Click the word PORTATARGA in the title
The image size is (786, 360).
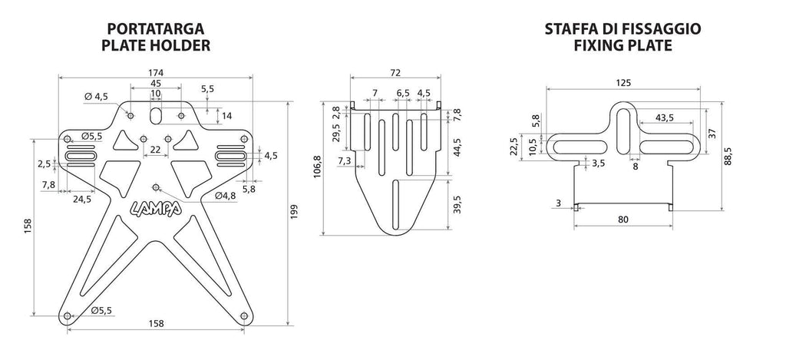coord(155,29)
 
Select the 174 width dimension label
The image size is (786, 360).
coord(156,72)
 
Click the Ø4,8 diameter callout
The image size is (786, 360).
coord(225,195)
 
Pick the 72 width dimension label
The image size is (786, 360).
coord(395,73)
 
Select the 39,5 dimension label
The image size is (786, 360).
coord(457,205)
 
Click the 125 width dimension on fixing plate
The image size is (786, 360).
coord(623,83)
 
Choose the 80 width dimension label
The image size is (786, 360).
coord(623,220)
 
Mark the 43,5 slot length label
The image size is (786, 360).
coord(664,117)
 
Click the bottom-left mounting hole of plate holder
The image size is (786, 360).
coord(68,315)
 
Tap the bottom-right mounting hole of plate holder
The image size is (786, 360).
coord(244,315)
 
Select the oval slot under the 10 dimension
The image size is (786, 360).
coord(156,116)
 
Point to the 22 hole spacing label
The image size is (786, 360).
coord(155,150)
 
